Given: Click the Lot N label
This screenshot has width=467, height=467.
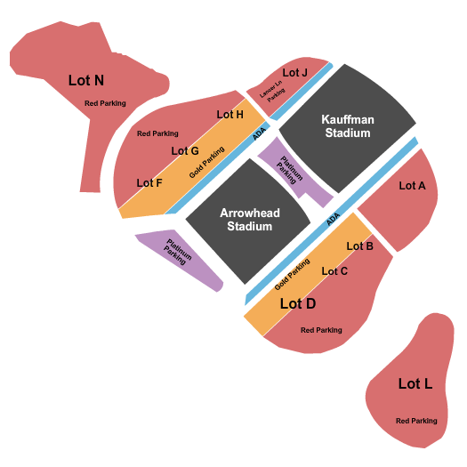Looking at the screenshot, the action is coord(86,80).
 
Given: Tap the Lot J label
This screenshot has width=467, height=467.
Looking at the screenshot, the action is coord(294,72).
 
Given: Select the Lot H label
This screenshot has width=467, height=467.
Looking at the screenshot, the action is coord(229,115).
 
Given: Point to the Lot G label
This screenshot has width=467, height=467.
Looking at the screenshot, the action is coord(185,150).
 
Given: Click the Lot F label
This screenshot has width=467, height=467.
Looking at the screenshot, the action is coord(149,183).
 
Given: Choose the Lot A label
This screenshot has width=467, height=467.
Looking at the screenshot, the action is coord(412,186).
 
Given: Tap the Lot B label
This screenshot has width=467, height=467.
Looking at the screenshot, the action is coord(359,246).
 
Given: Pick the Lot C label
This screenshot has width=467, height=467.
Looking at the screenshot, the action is coord(334,271).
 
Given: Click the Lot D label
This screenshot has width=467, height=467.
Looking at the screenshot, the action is coord(298,303).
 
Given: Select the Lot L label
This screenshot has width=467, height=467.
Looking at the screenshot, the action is coord(415,383).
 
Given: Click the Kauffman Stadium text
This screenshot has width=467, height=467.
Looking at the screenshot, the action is coord(348,126).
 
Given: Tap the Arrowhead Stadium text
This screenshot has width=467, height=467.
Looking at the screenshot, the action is coord(250,220).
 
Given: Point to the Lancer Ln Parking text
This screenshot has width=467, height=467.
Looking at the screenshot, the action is coord(272,92).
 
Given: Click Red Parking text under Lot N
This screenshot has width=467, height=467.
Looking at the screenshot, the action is coord(105,103).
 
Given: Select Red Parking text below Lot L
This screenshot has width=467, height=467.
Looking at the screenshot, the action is coord(416,421).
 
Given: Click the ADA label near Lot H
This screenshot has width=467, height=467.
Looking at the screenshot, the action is coord(259,133).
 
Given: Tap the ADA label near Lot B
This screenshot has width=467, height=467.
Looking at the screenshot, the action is coord(333,219).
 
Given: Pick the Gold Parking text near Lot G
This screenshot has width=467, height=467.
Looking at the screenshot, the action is coord(206,162).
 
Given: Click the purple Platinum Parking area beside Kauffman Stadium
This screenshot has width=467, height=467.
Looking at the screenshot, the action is coord(294,173).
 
